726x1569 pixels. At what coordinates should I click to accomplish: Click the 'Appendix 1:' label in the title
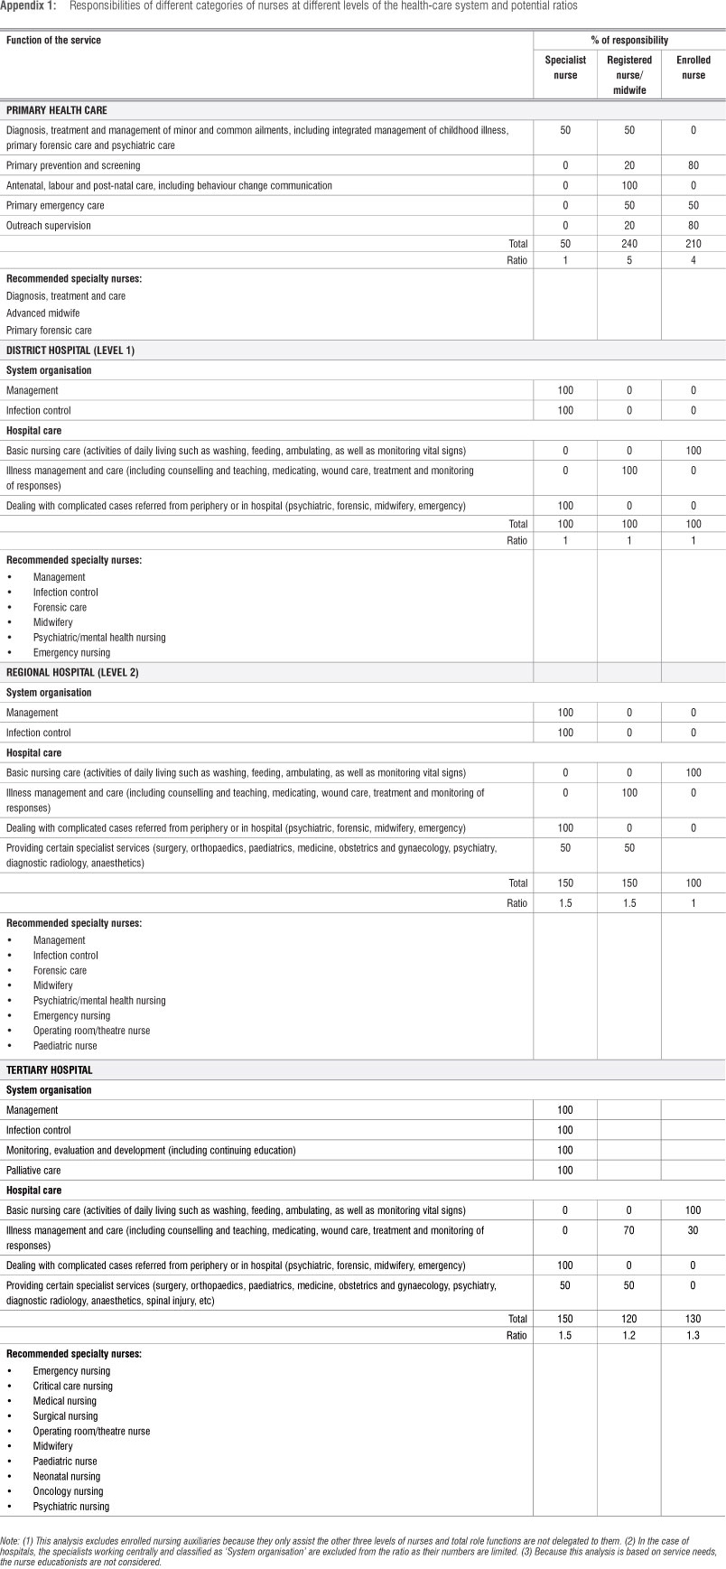(28, 5)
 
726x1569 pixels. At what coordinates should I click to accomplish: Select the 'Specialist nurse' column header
(565, 68)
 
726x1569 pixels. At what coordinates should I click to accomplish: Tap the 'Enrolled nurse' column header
(693, 68)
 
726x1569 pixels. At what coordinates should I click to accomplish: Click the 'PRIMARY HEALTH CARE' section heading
(57, 110)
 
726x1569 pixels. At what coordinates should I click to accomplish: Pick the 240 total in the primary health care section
(629, 244)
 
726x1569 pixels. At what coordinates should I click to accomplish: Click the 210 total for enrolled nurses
(693, 244)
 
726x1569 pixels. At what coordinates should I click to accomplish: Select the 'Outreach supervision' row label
(49, 225)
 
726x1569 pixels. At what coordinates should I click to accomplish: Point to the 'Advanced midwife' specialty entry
(43, 313)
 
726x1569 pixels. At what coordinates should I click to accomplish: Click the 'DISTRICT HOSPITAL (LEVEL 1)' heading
(70, 350)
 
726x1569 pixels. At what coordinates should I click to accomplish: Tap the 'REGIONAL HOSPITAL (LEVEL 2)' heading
(72, 673)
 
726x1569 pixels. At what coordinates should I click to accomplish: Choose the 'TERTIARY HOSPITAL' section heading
(50, 1070)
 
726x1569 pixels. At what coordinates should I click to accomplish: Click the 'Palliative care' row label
(33, 1170)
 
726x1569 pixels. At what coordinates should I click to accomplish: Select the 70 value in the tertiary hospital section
(629, 1230)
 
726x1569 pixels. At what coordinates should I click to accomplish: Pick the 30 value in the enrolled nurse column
(693, 1230)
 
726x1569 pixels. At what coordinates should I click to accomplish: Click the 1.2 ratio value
(629, 1335)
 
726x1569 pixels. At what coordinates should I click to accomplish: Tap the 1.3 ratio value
(693, 1335)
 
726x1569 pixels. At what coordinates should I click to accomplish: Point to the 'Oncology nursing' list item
(69, 1491)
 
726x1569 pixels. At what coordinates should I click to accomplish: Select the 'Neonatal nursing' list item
(68, 1476)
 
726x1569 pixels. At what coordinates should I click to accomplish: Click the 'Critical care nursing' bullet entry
(73, 1386)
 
